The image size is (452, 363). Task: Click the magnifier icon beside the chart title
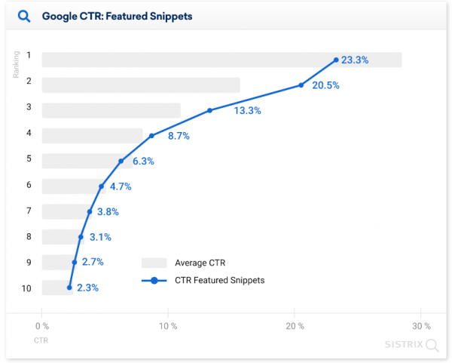click(x=24, y=16)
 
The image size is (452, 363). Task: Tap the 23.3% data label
click(x=355, y=60)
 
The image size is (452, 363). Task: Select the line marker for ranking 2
click(x=301, y=85)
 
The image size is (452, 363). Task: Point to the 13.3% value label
click(x=247, y=111)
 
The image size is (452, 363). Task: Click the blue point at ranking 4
click(x=151, y=136)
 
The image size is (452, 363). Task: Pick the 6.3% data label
click(x=143, y=162)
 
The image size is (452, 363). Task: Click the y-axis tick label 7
click(x=29, y=211)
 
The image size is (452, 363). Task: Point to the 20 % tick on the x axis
click(x=295, y=326)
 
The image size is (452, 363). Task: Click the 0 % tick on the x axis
click(x=42, y=326)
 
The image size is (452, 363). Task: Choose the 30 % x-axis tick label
click(x=422, y=326)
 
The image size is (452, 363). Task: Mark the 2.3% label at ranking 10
click(x=88, y=288)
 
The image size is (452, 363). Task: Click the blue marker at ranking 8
click(x=81, y=237)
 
